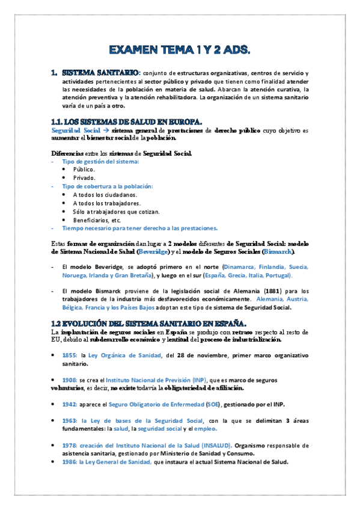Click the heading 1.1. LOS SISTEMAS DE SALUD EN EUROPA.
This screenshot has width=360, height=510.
(127, 121)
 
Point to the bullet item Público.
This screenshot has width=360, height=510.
(84, 170)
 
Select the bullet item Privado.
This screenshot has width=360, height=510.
(84, 178)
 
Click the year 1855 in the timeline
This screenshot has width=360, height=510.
(69, 356)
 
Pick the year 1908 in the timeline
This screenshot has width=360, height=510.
(69, 381)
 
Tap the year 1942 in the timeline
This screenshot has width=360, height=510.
(69, 404)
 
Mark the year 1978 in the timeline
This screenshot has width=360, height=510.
(69, 446)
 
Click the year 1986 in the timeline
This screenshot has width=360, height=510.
(69, 462)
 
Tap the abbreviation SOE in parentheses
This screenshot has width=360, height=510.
(213, 404)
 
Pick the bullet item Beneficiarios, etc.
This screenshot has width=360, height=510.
(98, 220)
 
